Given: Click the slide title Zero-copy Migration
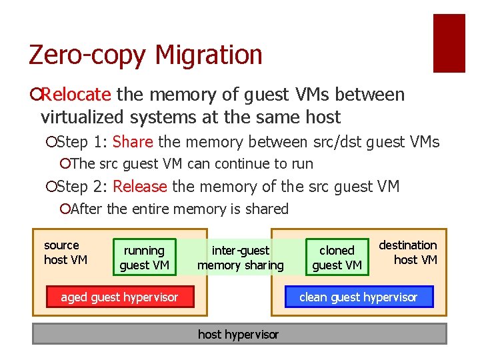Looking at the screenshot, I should click(145, 54).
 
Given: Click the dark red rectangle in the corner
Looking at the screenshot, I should click(449, 43).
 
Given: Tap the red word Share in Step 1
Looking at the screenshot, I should click(133, 142).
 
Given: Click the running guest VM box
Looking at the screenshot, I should click(144, 257).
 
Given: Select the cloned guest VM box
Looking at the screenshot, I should click(337, 257).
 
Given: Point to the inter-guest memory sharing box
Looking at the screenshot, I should click(241, 257).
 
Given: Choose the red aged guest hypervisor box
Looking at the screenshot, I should click(119, 297).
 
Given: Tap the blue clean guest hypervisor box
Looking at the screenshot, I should click(359, 297).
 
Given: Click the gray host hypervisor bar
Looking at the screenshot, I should click(239, 334).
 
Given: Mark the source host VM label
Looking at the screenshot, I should click(65, 252).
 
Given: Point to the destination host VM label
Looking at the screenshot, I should click(408, 252).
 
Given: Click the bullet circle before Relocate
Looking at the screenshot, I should click(35, 95).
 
